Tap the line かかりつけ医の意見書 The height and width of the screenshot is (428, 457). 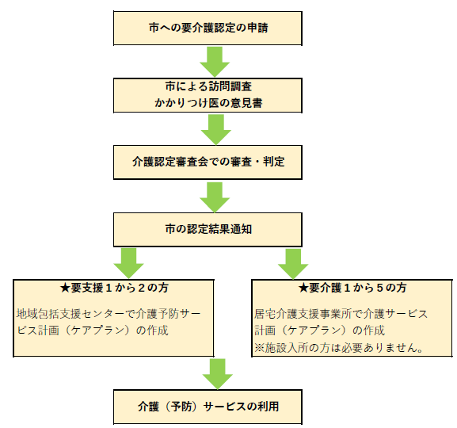[209, 101]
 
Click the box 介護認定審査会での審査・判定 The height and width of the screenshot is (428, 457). [209, 161]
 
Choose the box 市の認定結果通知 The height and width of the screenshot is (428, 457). [209, 229]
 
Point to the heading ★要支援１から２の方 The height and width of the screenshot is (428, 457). [115, 287]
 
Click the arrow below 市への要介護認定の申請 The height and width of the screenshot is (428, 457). [213, 60]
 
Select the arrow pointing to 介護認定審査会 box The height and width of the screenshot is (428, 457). [213, 128]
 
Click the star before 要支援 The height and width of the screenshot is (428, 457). [66, 287]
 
